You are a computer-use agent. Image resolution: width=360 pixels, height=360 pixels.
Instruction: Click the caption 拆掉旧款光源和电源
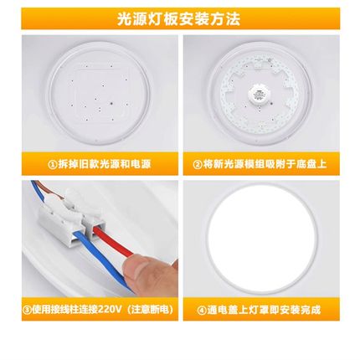[x=104, y=165]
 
